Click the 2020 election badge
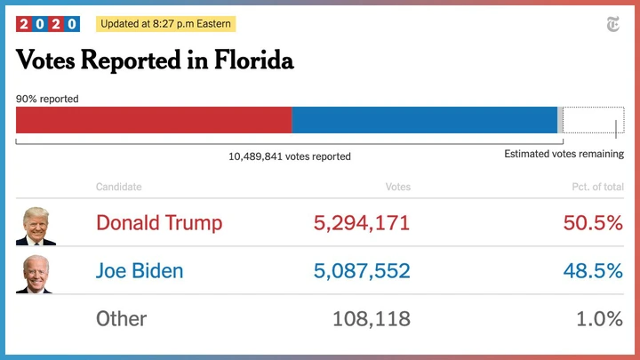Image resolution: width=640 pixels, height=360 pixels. tap(48, 24)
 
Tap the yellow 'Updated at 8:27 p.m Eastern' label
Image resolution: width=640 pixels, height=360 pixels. tap(165, 24)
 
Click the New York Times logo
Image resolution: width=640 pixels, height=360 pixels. tap(612, 24)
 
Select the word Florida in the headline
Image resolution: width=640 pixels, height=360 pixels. tap(254, 60)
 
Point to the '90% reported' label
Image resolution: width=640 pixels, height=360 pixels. tap(47, 99)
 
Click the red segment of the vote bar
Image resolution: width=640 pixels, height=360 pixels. tap(154, 120)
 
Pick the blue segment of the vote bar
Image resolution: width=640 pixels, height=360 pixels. tap(425, 120)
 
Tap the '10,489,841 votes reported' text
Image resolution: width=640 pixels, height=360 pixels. tap(290, 156)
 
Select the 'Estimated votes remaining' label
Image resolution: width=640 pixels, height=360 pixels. tap(564, 154)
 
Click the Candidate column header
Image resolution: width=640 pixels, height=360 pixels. tap(119, 187)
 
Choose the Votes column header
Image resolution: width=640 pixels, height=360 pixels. tap(398, 187)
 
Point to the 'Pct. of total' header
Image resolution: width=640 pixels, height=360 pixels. tap(598, 187)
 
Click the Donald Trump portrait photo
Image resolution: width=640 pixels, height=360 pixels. tap(36, 226)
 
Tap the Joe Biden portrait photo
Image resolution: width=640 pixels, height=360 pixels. tap(35, 274)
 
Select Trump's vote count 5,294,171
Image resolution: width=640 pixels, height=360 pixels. tap(362, 223)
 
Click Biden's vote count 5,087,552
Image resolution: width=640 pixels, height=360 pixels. tap(362, 270)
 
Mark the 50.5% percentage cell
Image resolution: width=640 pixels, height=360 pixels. tap(593, 223)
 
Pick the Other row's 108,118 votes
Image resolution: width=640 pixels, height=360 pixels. tap(372, 319)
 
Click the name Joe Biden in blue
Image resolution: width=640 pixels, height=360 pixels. tap(140, 270)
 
